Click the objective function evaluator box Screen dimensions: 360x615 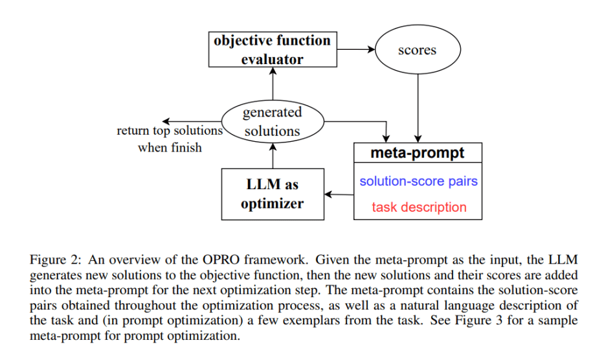tap(272, 49)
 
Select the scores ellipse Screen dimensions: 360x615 tap(418, 50)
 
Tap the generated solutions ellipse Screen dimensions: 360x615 tap(272, 121)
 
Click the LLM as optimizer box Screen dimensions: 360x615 tap(272, 194)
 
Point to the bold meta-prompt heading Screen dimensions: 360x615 tap(417, 153)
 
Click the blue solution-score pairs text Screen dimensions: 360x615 tap(418, 181)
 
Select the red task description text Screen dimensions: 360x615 tap(418, 207)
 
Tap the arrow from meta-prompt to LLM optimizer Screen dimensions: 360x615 tap(339, 194)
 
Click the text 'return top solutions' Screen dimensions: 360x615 tap(169, 131)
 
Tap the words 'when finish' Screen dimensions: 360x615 tap(170, 148)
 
